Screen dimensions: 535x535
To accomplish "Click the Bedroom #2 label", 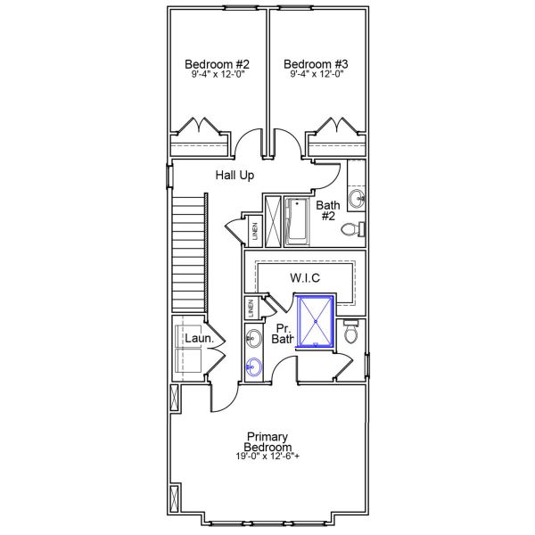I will coord(217,64).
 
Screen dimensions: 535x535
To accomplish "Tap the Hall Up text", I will coord(235,176).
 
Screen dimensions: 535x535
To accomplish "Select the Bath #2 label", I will coord(328,210).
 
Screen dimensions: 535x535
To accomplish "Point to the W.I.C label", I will coord(305,278).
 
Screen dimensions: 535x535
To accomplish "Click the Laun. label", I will coord(197,339).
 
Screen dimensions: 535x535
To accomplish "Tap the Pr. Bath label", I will coord(283,333).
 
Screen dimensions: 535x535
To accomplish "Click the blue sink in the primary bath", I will coord(254,366).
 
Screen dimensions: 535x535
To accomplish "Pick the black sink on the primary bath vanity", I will coord(253,337).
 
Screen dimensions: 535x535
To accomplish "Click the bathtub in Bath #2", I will coord(296,219).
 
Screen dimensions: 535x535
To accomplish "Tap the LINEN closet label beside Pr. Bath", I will coord(252,309).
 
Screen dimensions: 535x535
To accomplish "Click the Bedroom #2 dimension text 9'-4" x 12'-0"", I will coord(217,75).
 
